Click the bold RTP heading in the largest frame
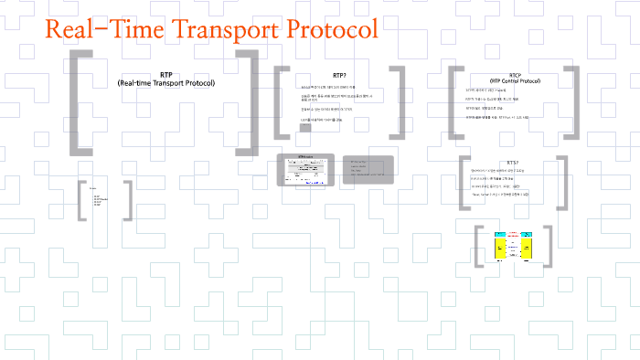coord(165,74)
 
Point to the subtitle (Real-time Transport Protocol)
coord(165,84)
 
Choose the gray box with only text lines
coord(368,170)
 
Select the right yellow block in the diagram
coord(526,247)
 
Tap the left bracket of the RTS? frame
coord(463,183)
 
